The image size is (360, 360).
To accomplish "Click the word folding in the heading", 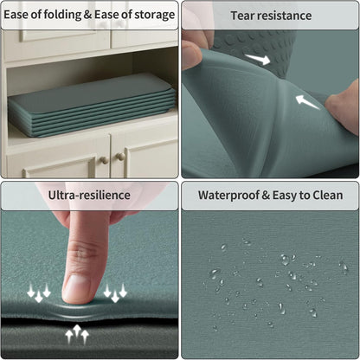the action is coord(62,15).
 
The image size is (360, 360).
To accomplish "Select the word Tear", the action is coord(242,16).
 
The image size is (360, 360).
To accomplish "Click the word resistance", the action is coord(284,16).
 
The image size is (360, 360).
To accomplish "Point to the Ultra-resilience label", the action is coord(89,195).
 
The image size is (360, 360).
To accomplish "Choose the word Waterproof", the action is coord(228,196).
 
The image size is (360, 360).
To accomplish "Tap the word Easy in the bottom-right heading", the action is coord(285,196).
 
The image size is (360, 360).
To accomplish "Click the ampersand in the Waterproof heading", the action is coord(266,196).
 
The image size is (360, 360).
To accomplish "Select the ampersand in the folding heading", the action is coord(87,15).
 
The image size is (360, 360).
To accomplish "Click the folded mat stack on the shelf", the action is coord(92,106).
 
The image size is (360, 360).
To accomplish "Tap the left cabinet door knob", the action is coord(104,160).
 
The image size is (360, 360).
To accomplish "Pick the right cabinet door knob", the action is coord(120,157).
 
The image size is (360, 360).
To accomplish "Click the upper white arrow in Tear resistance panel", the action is coord(258,59).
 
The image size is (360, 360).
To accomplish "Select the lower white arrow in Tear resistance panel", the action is coord(307,102).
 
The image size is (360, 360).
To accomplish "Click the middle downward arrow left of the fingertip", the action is coord(39,296).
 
